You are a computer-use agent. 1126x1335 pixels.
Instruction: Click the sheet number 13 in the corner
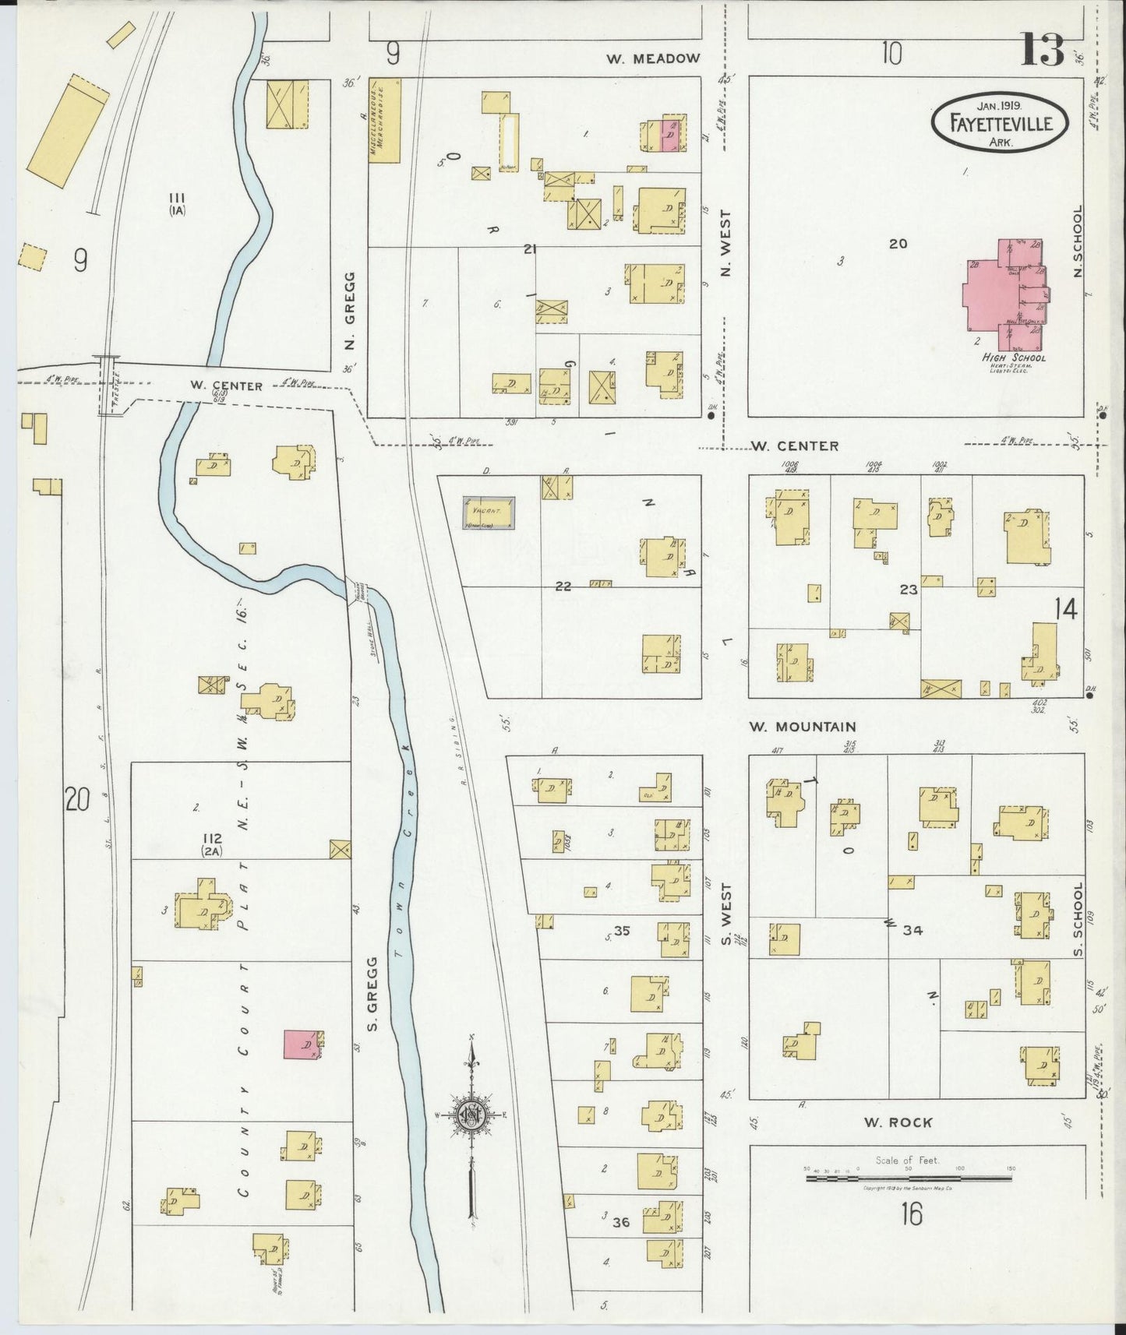[x=1042, y=51]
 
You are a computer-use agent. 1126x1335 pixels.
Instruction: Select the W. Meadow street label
[x=654, y=58]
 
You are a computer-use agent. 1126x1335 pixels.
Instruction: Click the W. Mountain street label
[x=803, y=727]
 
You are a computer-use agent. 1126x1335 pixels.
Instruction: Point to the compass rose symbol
[x=471, y=1116]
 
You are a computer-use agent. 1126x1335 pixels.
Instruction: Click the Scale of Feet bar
[x=908, y=1179]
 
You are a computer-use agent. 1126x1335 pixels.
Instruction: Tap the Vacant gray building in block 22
[x=489, y=513]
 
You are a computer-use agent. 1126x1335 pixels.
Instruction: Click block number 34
[x=912, y=930]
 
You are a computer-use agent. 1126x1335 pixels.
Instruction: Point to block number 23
[x=908, y=590]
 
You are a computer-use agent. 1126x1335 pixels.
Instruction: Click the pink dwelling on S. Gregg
[x=302, y=1044]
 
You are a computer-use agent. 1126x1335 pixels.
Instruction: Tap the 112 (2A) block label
[x=211, y=844]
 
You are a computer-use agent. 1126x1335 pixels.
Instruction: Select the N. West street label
[x=725, y=243]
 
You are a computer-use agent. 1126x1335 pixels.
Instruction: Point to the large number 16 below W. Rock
[x=911, y=1213]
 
